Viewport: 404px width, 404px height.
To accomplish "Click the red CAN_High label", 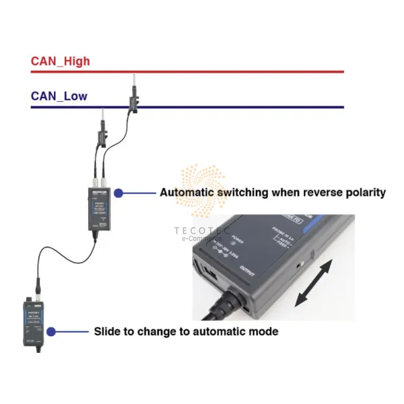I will [60, 61].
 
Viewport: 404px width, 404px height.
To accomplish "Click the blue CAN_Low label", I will [59, 96].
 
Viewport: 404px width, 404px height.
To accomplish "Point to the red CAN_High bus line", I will [202, 71].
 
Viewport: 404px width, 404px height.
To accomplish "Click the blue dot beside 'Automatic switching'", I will [119, 193].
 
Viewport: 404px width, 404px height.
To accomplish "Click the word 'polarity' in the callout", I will [364, 193].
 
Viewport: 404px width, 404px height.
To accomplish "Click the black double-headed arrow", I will [315, 285].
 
